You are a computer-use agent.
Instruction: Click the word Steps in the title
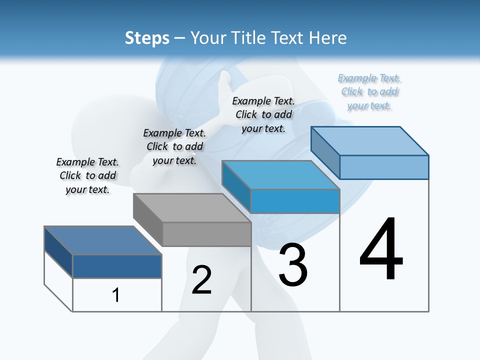[147, 38]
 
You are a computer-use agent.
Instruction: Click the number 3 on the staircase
[293, 265]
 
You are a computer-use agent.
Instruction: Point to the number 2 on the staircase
[202, 279]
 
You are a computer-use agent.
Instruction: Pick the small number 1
[116, 295]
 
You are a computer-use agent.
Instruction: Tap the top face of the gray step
[192, 208]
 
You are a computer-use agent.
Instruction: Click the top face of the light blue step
[370, 140]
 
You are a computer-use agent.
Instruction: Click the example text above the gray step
[174, 146]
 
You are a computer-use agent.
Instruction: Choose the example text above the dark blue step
[87, 175]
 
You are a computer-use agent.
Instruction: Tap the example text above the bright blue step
[263, 114]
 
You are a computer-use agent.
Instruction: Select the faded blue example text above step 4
[369, 91]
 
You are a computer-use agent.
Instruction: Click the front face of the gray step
[207, 234]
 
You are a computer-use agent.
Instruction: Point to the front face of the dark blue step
[117, 266]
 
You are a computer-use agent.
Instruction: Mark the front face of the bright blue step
[295, 201]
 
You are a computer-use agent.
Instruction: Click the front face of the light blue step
[384, 167]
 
